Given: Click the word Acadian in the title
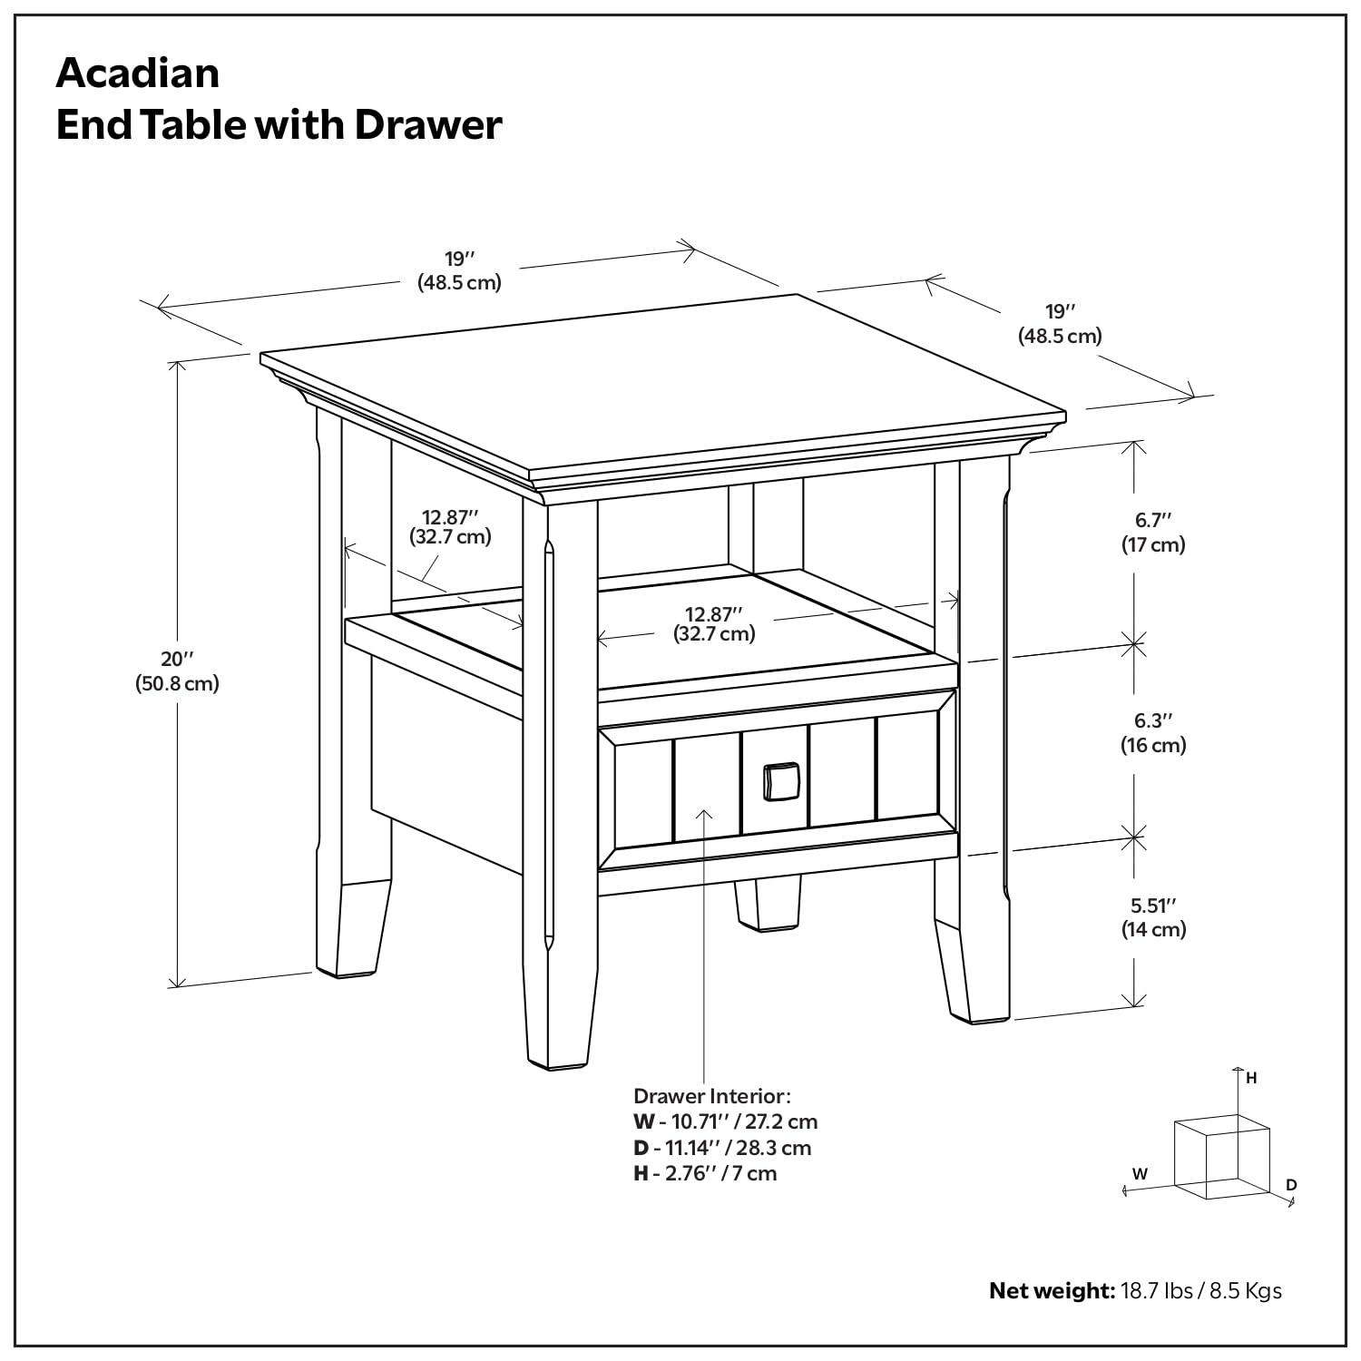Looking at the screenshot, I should tap(138, 73).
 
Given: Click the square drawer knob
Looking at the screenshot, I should tap(780, 781).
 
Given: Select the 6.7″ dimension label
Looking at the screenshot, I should tap(1152, 520).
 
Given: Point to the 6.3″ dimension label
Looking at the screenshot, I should tap(1152, 720).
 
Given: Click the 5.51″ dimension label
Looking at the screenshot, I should tap(1152, 905).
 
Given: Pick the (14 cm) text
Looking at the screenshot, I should tap(1153, 930).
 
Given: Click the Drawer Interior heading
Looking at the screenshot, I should tap(712, 1095).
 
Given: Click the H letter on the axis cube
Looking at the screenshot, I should tap(1251, 1078).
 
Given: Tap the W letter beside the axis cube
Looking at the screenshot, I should tap(1140, 1173).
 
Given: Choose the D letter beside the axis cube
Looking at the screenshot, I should tap(1291, 1185).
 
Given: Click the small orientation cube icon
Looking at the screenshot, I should tap(1220, 1157).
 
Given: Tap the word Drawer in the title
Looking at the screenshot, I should tap(427, 124).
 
